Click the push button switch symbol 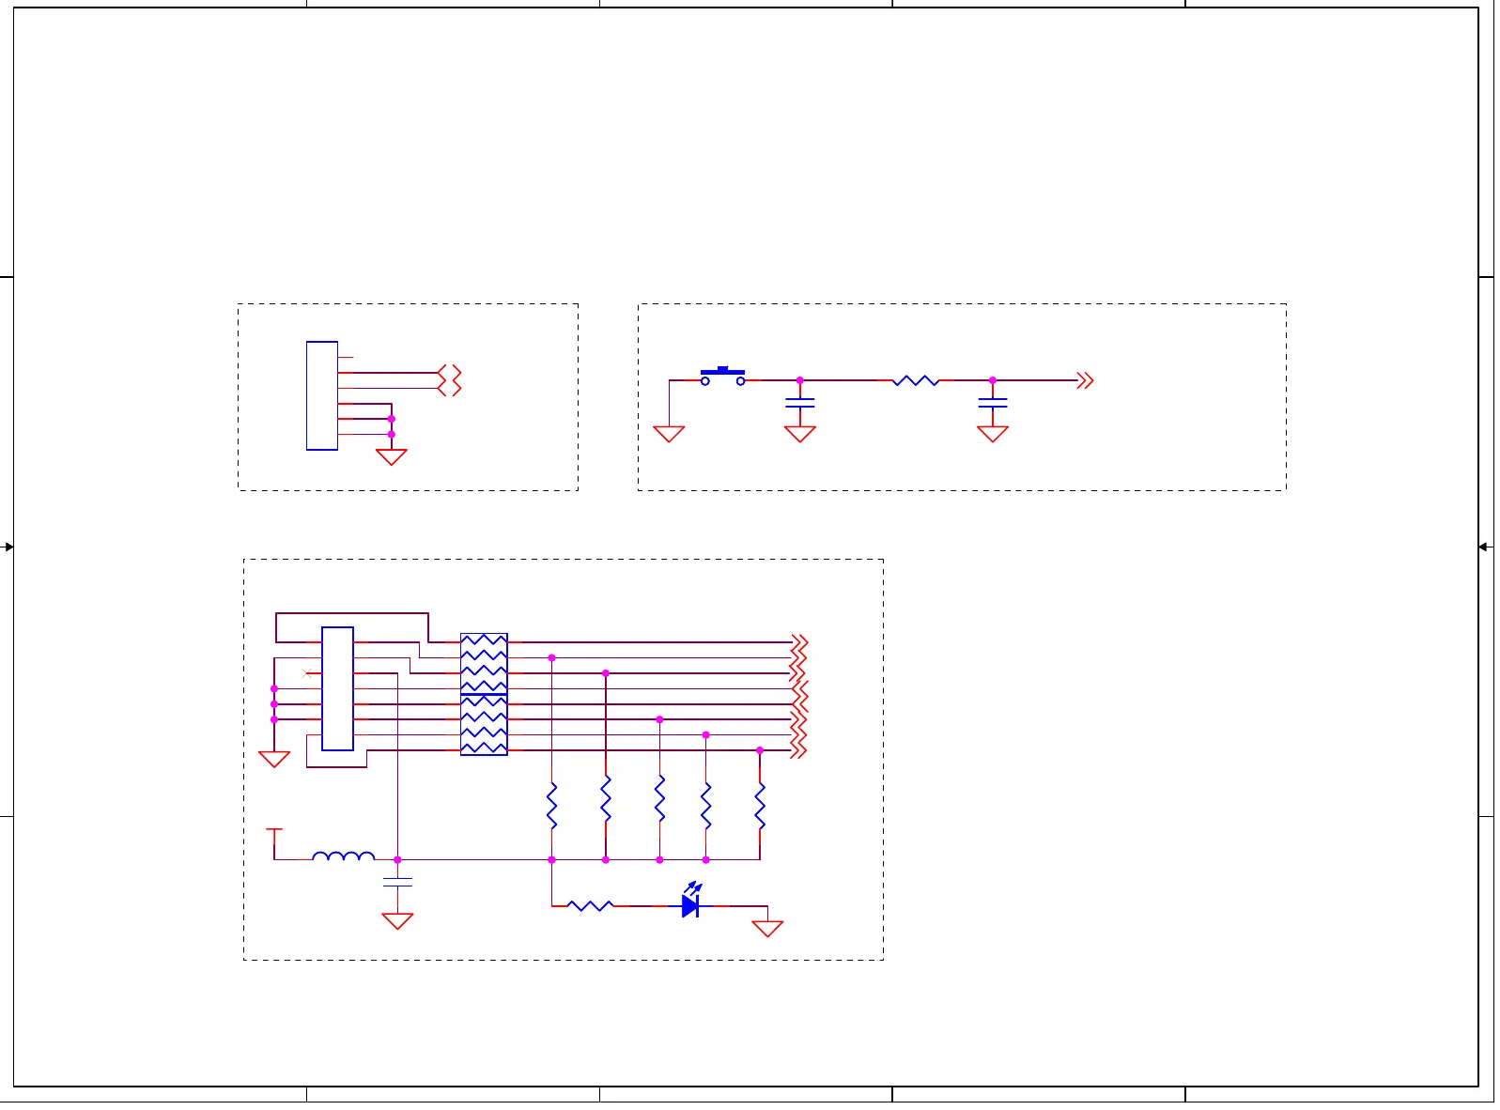pos(722,376)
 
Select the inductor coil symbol pos(343,856)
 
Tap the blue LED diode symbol pos(690,905)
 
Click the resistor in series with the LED pos(591,905)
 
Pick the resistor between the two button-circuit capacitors pos(915,380)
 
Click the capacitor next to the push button pos(799,402)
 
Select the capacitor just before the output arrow pos(992,402)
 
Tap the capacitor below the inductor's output pos(397,882)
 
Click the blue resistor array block pos(484,694)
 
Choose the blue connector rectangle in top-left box pos(322,395)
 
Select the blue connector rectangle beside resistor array pos(337,688)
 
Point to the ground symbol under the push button pos(669,433)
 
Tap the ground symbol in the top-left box pos(391,456)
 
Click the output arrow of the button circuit pos(1085,380)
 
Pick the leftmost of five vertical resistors pos(551,806)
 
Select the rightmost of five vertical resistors pos(760,806)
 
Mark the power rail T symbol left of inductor pos(274,831)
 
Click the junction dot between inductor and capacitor pos(397,859)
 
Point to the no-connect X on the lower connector pos(306,673)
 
